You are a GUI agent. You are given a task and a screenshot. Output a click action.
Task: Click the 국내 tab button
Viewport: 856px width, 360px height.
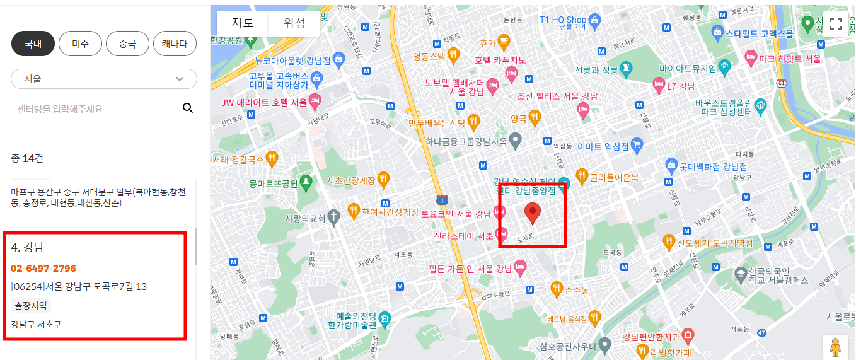[33, 44]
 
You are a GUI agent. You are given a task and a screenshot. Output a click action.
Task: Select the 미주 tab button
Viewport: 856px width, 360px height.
[80, 44]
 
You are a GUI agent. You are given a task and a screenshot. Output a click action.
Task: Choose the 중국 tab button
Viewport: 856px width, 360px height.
[127, 44]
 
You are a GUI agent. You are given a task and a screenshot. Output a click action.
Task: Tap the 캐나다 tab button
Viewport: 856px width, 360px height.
[175, 44]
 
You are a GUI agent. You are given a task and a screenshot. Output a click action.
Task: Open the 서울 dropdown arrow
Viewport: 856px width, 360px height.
[180, 79]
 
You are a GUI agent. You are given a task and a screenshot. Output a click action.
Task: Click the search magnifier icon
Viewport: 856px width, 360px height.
[188, 108]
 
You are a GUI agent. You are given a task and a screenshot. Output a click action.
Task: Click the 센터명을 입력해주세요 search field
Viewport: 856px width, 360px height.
[95, 108]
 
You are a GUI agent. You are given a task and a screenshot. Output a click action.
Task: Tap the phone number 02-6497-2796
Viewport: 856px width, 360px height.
[43, 268]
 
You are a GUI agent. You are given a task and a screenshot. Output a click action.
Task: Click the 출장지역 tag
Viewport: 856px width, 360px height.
[31, 305]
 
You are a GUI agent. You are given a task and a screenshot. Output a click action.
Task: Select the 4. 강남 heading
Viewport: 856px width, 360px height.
[28, 247]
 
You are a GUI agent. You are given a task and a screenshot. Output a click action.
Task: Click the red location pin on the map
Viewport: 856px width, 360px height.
[533, 214]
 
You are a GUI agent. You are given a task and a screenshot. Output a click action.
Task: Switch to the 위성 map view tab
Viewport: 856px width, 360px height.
[294, 23]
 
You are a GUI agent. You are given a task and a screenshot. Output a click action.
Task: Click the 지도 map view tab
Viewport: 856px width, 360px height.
[243, 23]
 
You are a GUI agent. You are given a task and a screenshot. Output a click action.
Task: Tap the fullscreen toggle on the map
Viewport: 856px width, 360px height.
[836, 24]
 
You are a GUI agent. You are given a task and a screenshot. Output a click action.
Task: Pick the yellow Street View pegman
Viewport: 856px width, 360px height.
[835, 347]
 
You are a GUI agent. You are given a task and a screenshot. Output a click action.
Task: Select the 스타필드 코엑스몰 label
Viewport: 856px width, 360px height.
[759, 33]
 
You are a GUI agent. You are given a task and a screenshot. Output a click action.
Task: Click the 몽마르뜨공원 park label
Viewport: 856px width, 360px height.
[272, 184]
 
